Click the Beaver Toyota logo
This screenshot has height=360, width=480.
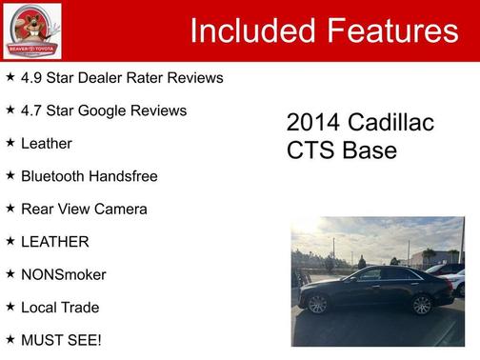[x=31, y=30]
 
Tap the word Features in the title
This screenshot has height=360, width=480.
[x=390, y=31]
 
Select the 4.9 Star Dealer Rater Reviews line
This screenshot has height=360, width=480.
[x=122, y=77]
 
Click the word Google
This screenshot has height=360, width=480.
[x=111, y=110]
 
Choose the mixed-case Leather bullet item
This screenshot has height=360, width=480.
[x=47, y=143]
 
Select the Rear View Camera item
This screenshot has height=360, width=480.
[x=85, y=209]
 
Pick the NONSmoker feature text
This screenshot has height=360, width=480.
[x=64, y=274]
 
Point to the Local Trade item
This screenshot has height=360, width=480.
[x=60, y=308]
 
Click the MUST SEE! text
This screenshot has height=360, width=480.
[x=61, y=340]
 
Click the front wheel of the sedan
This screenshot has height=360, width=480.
[x=318, y=304]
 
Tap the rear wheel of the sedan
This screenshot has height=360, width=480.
[x=421, y=305]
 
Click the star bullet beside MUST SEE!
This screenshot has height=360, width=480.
[x=10, y=339]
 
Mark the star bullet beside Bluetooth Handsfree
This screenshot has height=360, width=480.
[x=10, y=175]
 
